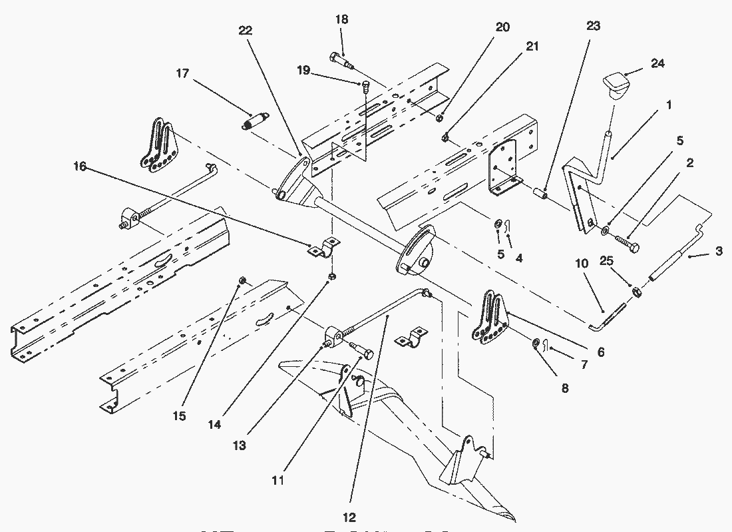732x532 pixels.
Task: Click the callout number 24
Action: [x=658, y=63]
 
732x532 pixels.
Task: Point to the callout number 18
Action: [x=341, y=20]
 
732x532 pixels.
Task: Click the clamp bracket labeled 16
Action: [x=323, y=248]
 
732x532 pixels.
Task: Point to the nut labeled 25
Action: [x=636, y=291]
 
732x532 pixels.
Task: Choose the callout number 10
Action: [x=582, y=264]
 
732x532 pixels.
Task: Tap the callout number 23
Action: [x=594, y=26]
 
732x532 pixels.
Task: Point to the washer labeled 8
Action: [x=536, y=344]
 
